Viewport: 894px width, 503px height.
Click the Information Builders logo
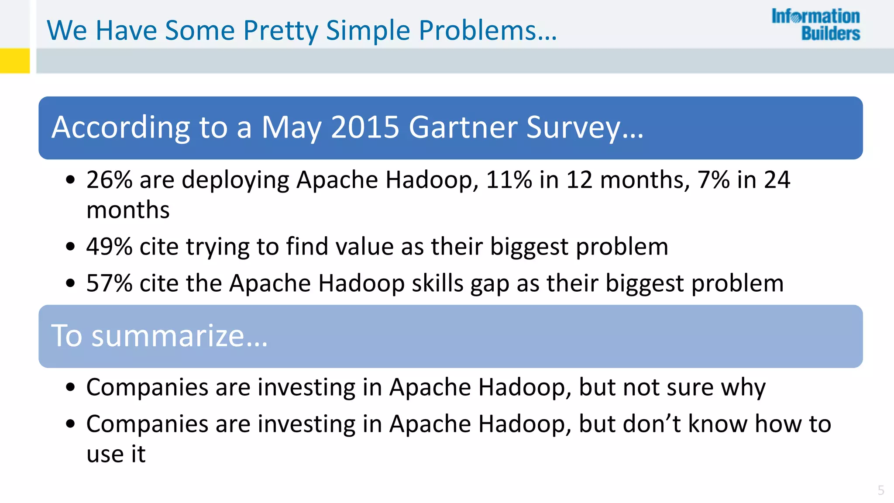pos(815,25)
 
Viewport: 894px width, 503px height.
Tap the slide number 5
pos(881,490)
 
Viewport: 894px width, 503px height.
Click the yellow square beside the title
pos(15,60)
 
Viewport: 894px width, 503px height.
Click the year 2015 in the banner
pos(365,127)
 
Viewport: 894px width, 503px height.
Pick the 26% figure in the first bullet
pos(109,179)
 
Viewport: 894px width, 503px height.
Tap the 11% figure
pos(509,179)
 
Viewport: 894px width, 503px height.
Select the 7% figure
pos(713,179)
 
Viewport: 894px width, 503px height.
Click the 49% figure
pos(109,246)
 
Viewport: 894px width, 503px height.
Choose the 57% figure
pos(109,283)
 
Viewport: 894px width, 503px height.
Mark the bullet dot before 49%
pos(70,247)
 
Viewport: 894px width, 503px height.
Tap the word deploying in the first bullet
pos(235,180)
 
